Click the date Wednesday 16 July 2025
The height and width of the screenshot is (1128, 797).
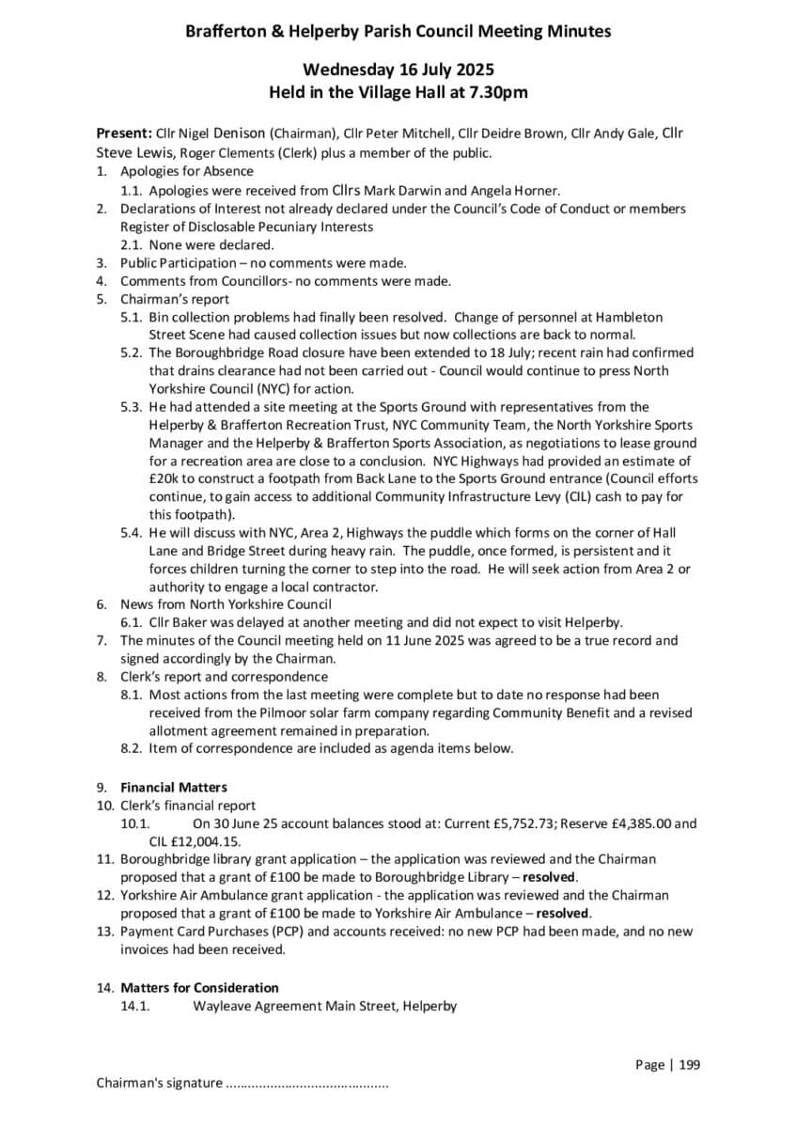398,70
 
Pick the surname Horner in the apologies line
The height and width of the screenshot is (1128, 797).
539,190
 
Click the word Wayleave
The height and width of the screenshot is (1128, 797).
224,1006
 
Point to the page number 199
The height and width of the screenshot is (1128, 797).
688,1065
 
